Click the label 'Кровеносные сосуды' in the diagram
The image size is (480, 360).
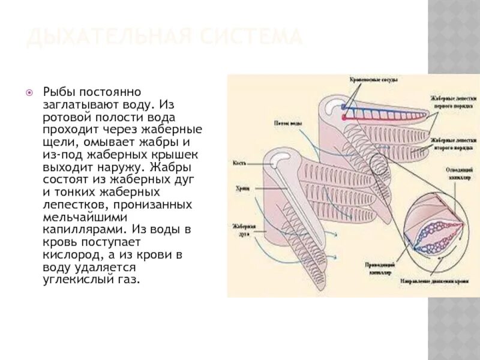click(x=374, y=79)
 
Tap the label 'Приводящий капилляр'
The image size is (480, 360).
click(x=378, y=268)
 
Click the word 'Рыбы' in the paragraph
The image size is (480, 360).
click(x=58, y=92)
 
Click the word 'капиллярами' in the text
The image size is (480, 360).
click(x=76, y=229)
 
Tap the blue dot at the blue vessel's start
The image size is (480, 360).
click(x=344, y=107)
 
